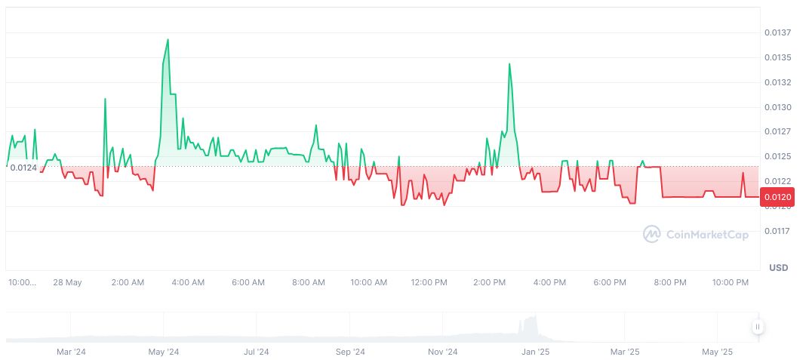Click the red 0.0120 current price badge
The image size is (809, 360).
coord(777,198)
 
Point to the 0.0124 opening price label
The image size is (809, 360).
coord(23,168)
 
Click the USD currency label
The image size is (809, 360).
coord(778,268)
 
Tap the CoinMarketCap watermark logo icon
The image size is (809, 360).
coord(651,235)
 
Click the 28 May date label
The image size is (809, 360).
coord(67,283)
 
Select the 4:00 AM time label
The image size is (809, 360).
coord(188,283)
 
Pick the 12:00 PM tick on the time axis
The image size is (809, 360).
coord(429,283)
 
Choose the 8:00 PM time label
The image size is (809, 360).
coord(670,283)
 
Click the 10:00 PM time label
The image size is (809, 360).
coord(731,283)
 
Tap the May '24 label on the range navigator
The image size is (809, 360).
coord(163,352)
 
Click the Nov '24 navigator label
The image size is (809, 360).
coord(442,352)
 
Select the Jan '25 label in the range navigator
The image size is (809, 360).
coord(536,352)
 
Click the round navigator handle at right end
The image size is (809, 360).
coord(758,327)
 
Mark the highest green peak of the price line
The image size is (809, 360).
coord(168,39)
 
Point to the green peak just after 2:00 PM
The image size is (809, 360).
coord(509,64)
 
